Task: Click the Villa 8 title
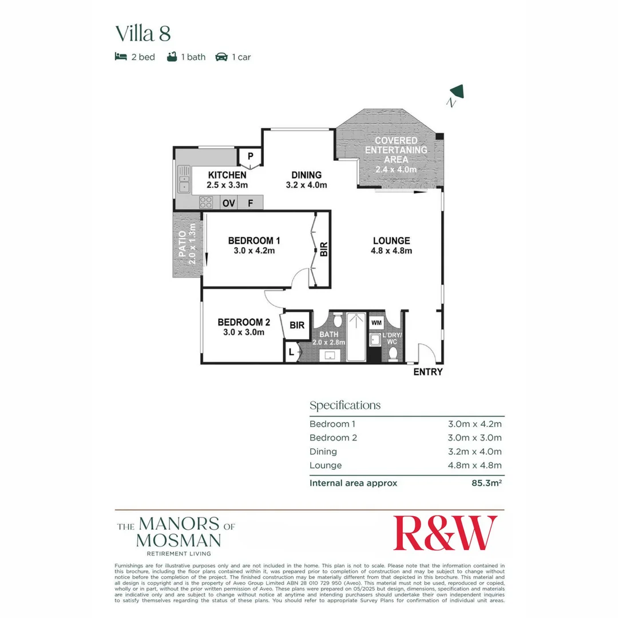pos(143,33)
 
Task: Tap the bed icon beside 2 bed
pos(120,57)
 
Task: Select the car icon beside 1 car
pos(221,57)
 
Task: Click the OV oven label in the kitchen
pos(228,203)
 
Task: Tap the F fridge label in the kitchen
pos(250,203)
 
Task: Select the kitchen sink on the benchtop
pos(184,179)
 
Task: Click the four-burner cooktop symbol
pos(206,203)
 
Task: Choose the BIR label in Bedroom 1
pos(323,249)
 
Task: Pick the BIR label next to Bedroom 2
pos(297,325)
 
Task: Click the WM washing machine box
pos(376,323)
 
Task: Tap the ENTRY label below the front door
pos(428,372)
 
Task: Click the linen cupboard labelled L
pos(291,352)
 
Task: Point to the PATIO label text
pos(183,244)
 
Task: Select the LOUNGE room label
pos(391,241)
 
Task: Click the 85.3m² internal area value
pos(486,483)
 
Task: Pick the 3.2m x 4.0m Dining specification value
pos(474,451)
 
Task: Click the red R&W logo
pos(445,533)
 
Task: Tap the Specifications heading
pos(344,406)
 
